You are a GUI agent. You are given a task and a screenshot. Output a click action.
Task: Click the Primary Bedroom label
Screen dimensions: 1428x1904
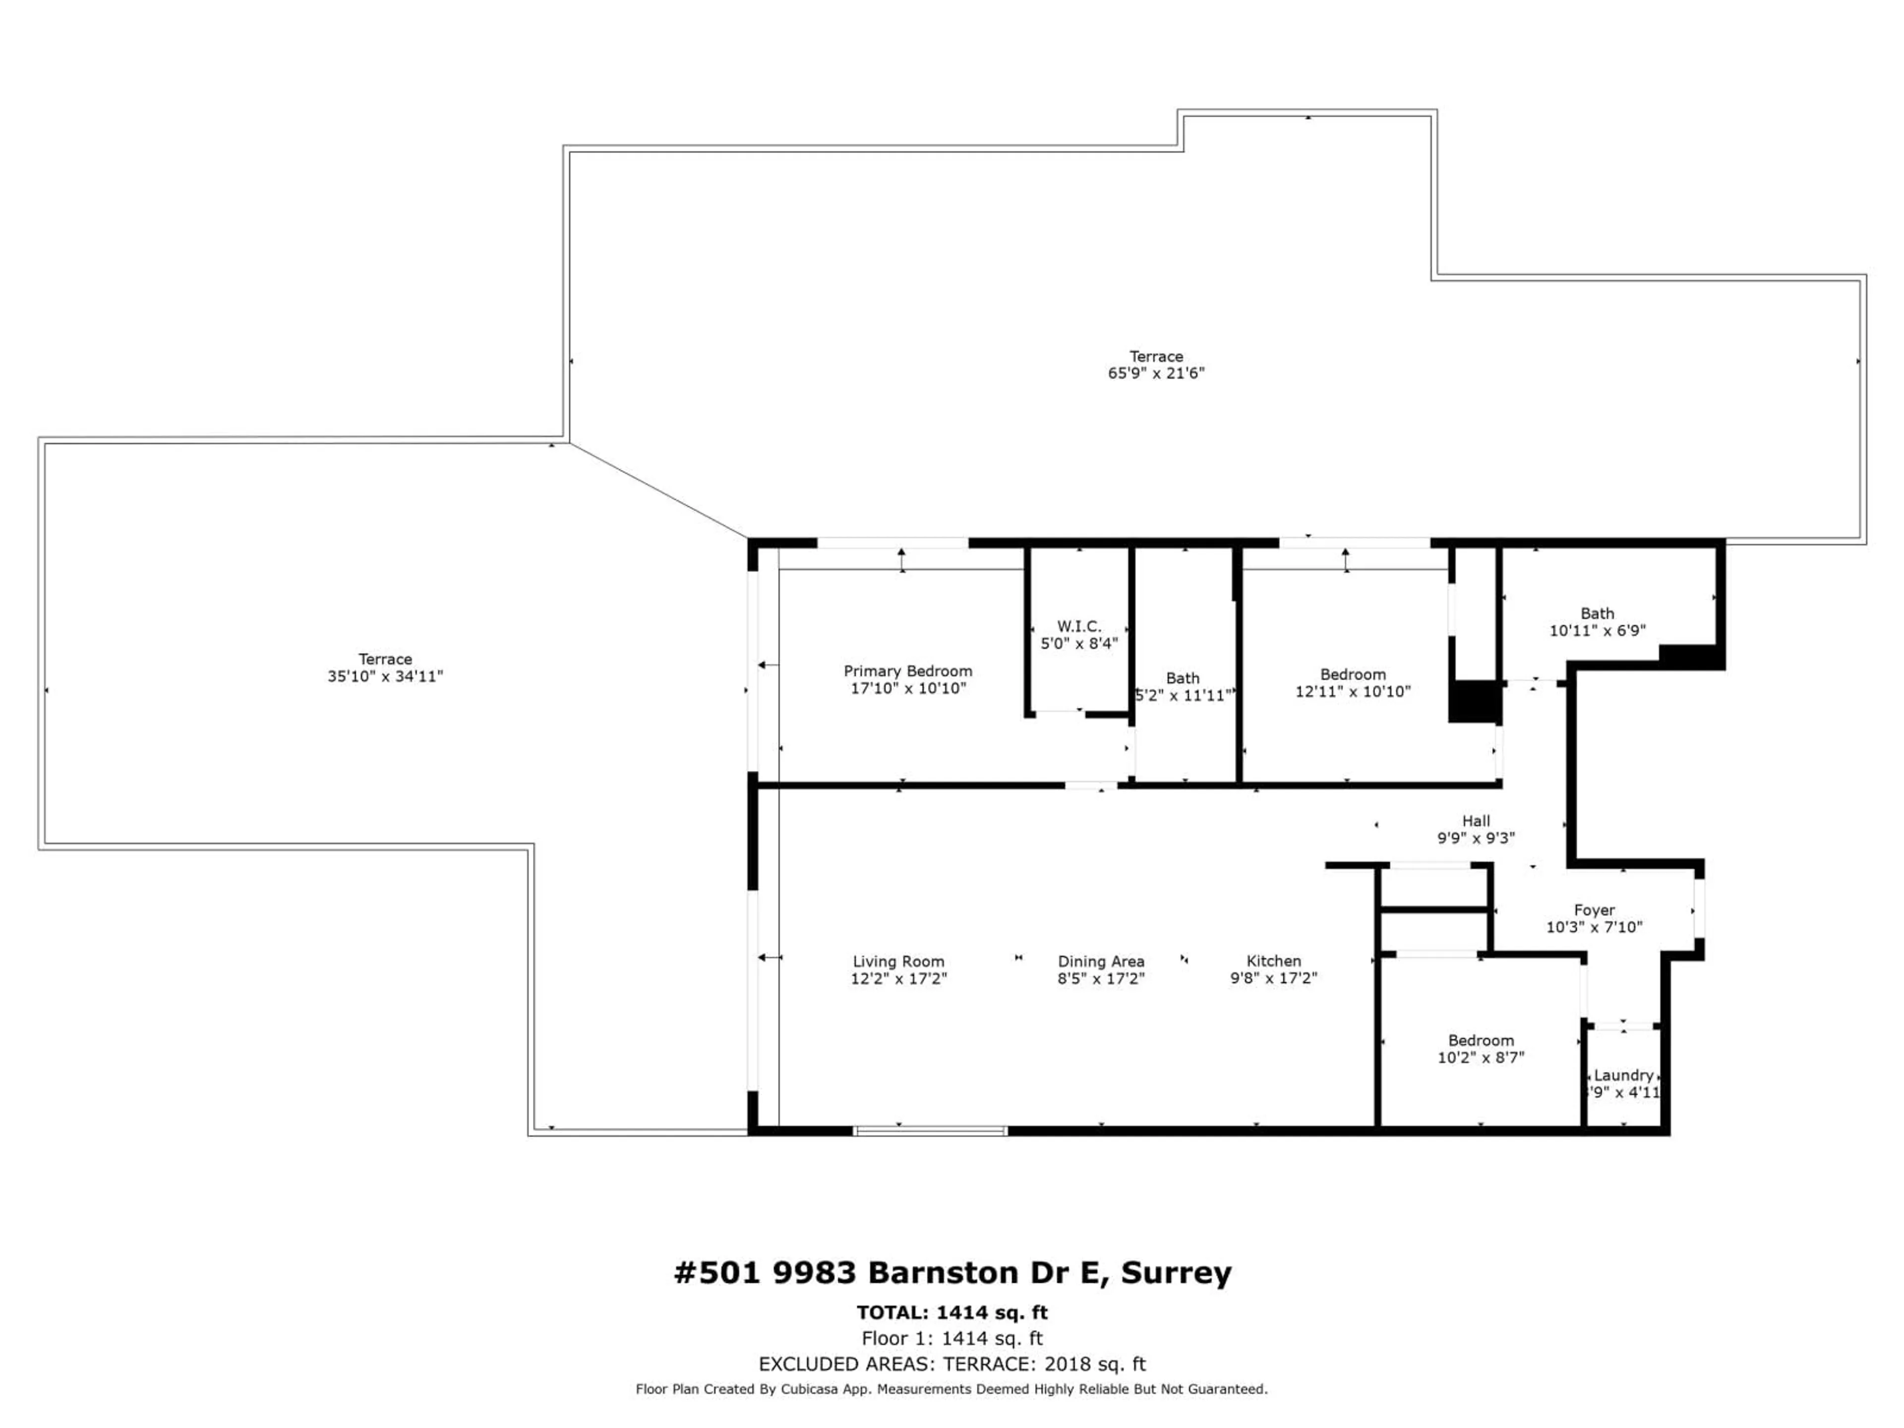[907, 670]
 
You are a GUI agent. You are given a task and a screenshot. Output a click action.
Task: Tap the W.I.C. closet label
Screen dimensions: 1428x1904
[1078, 627]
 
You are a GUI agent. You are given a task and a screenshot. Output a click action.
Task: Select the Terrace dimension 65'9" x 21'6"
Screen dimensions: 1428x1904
[1156, 373]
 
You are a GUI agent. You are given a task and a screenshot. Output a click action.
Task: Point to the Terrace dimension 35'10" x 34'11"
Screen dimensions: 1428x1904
[385, 676]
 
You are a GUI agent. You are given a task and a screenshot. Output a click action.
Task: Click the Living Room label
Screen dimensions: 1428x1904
[898, 961]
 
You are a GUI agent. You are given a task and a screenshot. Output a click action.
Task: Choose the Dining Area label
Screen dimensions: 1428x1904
[1101, 961]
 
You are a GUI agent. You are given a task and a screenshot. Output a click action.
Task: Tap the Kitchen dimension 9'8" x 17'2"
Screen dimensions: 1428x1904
[1274, 978]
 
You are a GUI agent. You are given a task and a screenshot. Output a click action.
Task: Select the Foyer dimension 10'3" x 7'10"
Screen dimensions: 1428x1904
[1594, 927]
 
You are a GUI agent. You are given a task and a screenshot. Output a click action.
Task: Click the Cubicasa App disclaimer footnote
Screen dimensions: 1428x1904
[952, 1389]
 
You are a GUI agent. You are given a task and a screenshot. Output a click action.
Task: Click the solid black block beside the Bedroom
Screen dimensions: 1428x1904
[1475, 702]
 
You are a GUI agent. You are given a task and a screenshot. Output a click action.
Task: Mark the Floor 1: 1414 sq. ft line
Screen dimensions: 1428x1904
[952, 1338]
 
